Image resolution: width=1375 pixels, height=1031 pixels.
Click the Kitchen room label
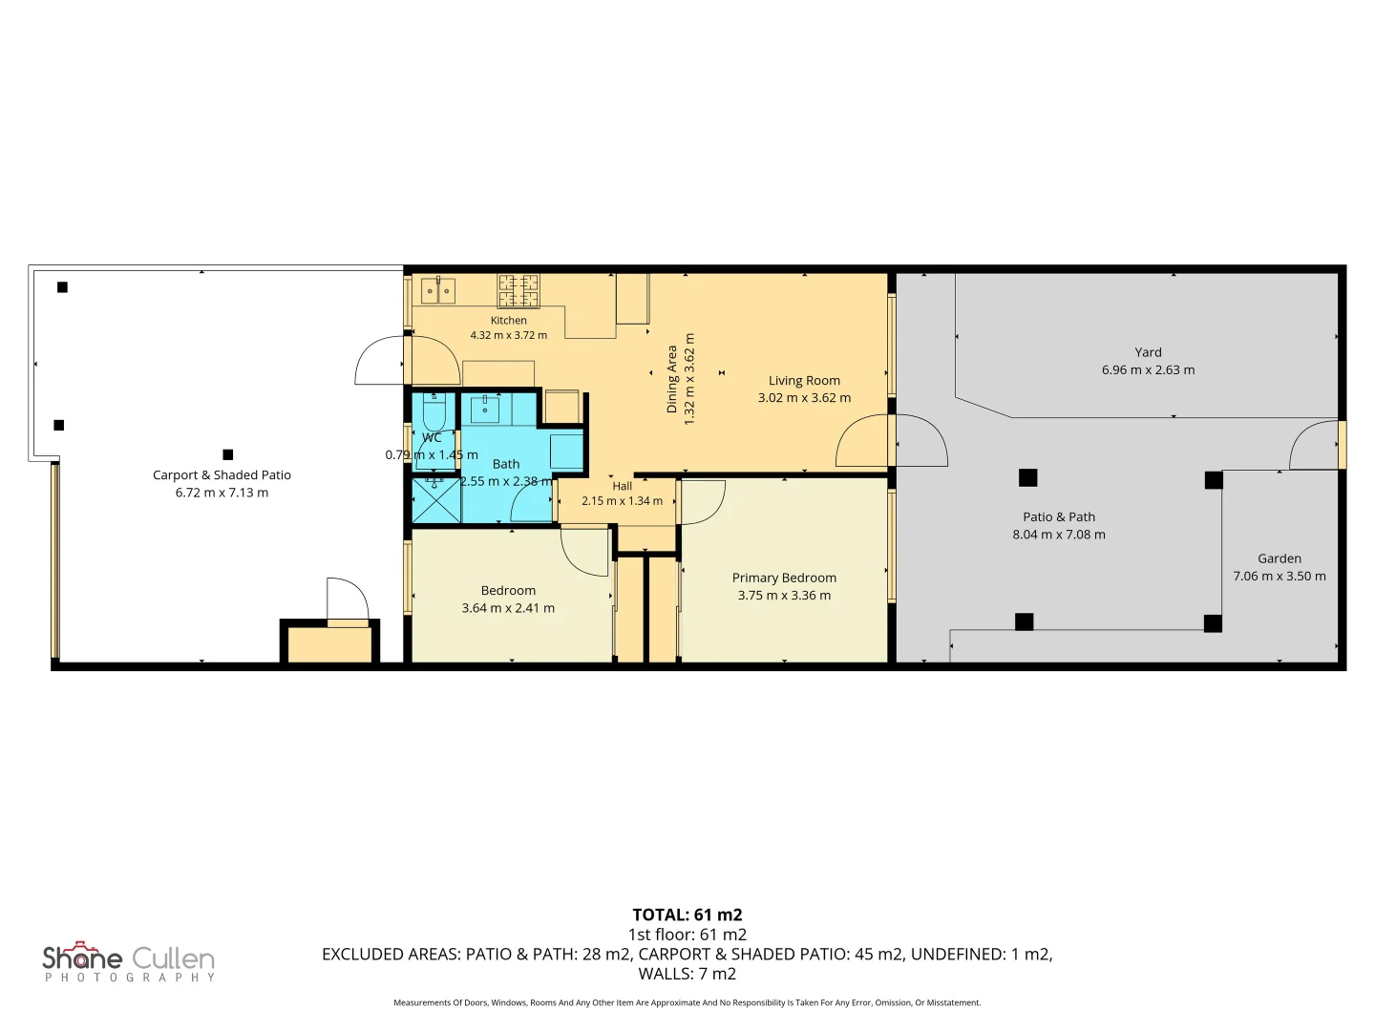coord(508,321)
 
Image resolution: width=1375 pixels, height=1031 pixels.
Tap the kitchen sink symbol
coord(438,290)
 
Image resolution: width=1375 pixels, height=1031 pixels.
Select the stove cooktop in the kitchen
coord(518,291)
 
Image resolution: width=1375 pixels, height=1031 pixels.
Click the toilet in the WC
coord(434,410)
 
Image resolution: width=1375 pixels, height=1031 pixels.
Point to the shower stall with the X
coord(436,500)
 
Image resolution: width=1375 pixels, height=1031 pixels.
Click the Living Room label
coord(804,381)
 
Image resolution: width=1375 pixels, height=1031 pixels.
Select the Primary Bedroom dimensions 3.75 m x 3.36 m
coord(784,596)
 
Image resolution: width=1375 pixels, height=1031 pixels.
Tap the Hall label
coord(622,486)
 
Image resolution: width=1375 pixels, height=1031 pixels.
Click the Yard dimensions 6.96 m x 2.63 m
coord(1148,370)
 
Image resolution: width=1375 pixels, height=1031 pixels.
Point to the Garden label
coord(1280,558)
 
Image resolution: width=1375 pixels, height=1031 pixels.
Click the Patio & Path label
coord(1059,517)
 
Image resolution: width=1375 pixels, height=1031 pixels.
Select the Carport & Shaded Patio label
coord(222,475)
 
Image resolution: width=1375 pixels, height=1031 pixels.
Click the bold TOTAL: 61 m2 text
coord(687,915)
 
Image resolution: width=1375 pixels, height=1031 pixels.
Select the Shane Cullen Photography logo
coord(129,961)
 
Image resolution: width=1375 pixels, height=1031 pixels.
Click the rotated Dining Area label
coord(671,379)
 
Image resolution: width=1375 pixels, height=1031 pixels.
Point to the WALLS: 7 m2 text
coord(687,974)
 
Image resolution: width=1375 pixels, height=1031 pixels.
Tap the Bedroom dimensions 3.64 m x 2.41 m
coord(508,608)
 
